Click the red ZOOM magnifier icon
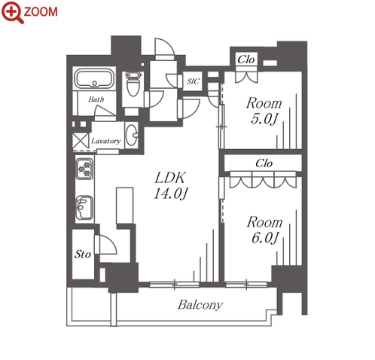[13, 12]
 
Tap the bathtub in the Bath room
[95, 78]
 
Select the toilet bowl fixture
[133, 84]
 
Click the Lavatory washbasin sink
[132, 136]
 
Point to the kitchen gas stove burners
[84, 169]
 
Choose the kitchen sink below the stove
[84, 208]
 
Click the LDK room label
[170, 178]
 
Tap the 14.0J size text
[171, 194]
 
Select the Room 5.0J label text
[264, 111]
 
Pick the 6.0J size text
[265, 237]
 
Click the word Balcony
[200, 305]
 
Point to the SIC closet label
[193, 81]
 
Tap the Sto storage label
[83, 255]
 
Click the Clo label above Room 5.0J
[246, 59]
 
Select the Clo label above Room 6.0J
[264, 163]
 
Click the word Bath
[96, 99]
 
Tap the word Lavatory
[105, 141]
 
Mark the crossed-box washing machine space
[81, 141]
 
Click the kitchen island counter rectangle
[125, 206]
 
